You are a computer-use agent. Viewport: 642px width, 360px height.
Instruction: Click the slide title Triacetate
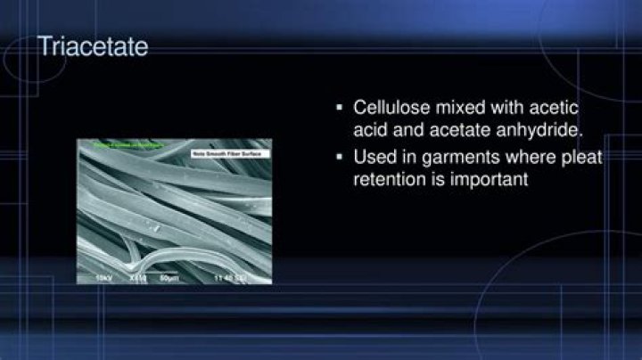click(92, 46)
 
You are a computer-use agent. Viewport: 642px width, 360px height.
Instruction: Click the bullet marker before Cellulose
click(339, 109)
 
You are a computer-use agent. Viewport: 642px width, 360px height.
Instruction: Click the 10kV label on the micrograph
click(104, 278)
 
